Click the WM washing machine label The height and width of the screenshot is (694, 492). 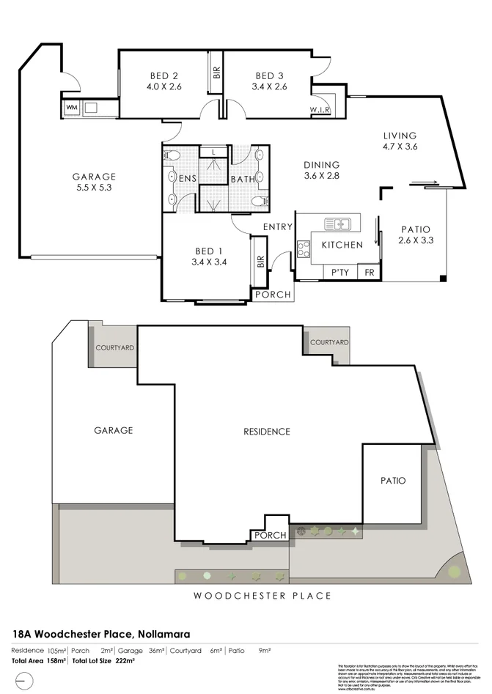71,108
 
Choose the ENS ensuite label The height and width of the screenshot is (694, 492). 186,178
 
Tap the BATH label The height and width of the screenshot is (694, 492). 241,179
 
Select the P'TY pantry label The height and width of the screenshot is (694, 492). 339,273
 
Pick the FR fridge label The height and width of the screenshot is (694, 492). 369,273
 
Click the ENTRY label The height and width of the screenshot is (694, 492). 279,227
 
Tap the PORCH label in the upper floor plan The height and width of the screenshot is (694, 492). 272,295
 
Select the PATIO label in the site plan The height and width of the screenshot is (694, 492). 392,481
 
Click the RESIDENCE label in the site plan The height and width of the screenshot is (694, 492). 267,432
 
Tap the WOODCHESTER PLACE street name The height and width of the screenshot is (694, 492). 262,596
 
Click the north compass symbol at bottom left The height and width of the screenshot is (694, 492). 23,680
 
